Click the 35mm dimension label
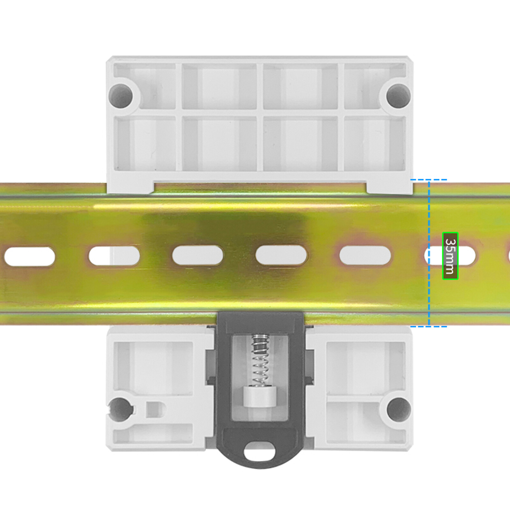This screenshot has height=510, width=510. pos(450,256)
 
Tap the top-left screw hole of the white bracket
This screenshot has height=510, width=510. pos(121,95)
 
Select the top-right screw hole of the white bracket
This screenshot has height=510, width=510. pos(398,95)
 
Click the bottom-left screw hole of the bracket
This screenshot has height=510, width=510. pos(121,409)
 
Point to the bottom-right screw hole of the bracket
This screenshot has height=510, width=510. pos(398,409)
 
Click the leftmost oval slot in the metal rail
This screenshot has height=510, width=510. pos(30,256)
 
